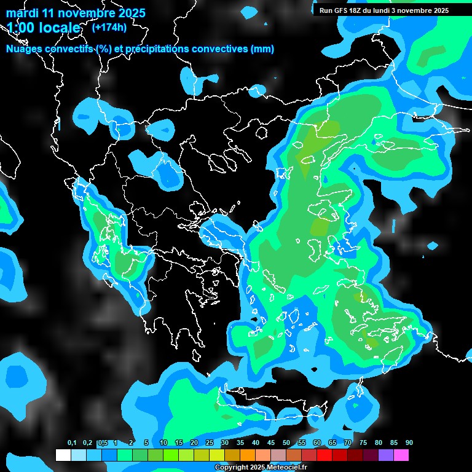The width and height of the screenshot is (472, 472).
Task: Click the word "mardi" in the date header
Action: pyautogui.click(x=23, y=13)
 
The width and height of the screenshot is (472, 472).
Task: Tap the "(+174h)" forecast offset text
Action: pyautogui.click(x=109, y=28)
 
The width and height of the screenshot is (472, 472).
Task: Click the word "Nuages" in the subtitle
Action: pyautogui.click(x=24, y=49)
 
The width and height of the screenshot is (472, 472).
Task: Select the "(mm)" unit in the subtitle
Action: pyautogui.click(x=262, y=49)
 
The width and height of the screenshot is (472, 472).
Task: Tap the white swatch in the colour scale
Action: pyautogui.click(x=63, y=455)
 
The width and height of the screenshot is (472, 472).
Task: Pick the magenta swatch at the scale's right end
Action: pyautogui.click(x=401, y=455)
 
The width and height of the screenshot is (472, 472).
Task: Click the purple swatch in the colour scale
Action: pyautogui.click(x=386, y=455)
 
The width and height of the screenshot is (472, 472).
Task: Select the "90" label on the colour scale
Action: pyautogui.click(x=409, y=443)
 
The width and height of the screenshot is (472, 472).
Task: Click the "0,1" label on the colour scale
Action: pyautogui.click(x=72, y=443)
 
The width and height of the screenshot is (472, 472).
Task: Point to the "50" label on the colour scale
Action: pyautogui.click(x=286, y=443)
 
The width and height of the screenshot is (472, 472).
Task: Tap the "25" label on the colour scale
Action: pyautogui.click(x=210, y=443)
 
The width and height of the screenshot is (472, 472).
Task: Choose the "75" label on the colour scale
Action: pyautogui.click(x=363, y=443)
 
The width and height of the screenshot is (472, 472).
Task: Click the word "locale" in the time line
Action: pyautogui.click(x=58, y=28)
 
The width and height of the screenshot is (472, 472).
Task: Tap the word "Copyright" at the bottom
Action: pyautogui.click(x=231, y=468)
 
